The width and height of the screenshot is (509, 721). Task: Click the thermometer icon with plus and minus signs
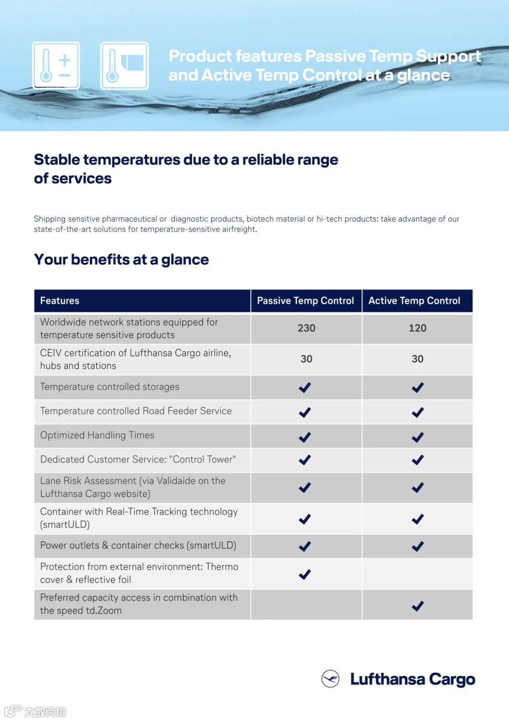[56, 66]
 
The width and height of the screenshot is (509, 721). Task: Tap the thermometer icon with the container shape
[124, 66]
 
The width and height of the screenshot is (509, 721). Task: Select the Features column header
[60, 301]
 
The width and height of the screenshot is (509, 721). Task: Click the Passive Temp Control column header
[305, 301]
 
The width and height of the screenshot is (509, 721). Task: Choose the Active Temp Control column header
[414, 301]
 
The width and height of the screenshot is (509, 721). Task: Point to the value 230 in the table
[306, 328]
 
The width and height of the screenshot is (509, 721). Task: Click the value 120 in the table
[418, 328]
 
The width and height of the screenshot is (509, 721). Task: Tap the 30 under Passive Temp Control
[306, 359]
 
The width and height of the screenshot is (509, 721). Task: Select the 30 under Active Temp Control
[418, 359]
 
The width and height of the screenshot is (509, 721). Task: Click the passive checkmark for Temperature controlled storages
[305, 388]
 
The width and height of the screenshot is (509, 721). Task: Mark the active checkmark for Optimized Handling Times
[418, 437]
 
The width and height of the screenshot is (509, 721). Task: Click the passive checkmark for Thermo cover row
[305, 574]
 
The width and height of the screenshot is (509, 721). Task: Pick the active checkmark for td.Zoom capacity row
[418, 606]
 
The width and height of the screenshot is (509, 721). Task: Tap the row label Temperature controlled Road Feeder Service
[136, 411]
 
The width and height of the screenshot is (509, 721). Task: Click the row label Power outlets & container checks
[138, 546]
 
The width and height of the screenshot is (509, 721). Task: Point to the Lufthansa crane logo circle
[330, 679]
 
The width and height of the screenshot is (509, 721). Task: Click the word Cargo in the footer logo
[452, 680]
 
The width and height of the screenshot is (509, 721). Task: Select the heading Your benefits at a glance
[121, 259]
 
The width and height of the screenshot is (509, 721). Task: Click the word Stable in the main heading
[57, 160]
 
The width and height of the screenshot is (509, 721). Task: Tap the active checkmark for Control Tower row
[418, 460]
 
